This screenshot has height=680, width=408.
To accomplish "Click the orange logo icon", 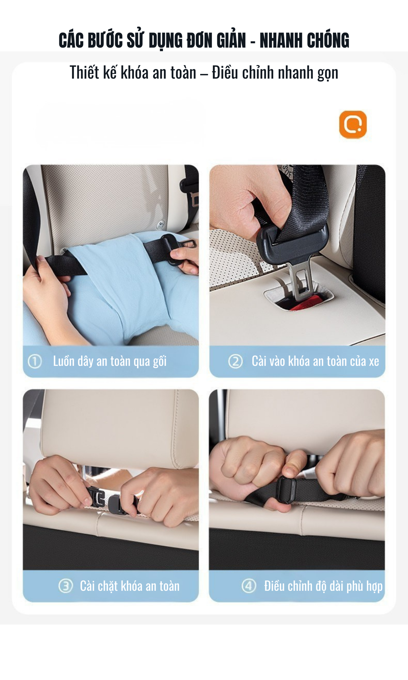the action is [x=353, y=124].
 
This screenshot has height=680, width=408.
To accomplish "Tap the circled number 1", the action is [x=35, y=361].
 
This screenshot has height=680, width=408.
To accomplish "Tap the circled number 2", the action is [x=235, y=361].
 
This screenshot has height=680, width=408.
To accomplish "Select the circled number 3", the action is [x=65, y=586].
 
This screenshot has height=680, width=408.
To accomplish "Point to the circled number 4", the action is [x=249, y=586].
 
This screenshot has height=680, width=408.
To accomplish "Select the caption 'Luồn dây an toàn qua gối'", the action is [x=110, y=361].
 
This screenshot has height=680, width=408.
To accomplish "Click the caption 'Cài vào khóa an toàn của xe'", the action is [x=315, y=361].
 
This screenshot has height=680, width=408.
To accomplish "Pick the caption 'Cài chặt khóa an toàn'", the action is [x=130, y=586].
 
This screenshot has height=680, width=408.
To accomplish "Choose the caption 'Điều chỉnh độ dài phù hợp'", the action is [x=323, y=586].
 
